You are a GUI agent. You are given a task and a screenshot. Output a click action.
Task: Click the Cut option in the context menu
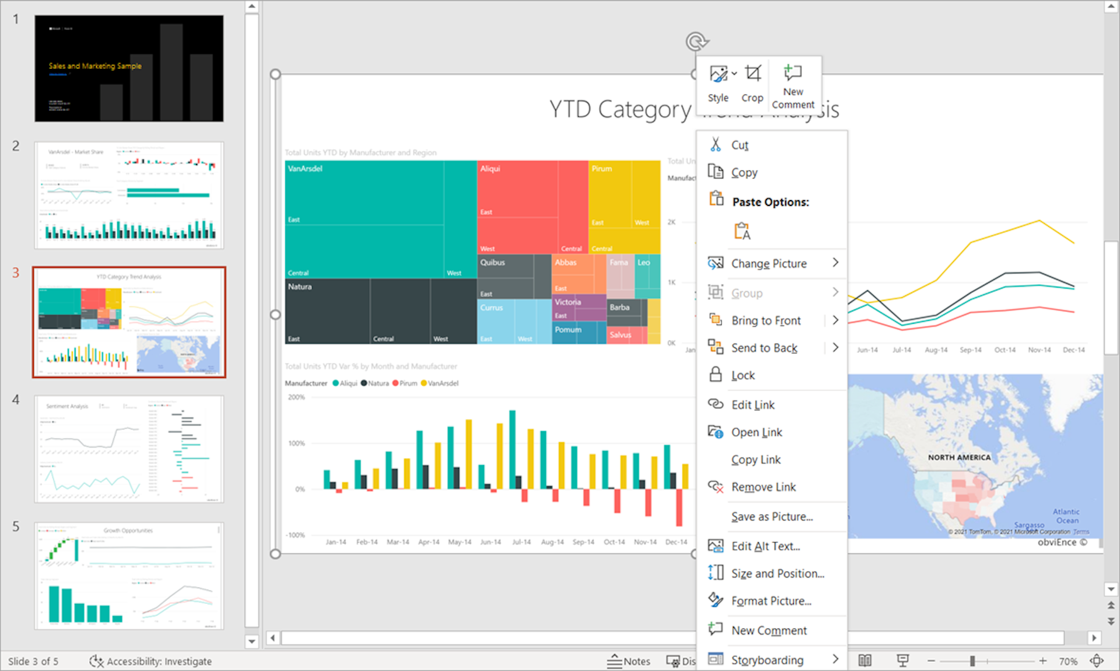coord(739,145)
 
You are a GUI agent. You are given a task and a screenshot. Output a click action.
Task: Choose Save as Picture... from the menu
coord(771,516)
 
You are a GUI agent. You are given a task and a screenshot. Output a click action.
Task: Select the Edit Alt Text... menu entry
coord(765,546)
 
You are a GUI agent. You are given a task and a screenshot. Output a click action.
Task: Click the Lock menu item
coord(743,375)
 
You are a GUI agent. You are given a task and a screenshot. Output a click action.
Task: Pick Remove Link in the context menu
coord(763,487)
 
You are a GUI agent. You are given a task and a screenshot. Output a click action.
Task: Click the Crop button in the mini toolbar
coord(752,83)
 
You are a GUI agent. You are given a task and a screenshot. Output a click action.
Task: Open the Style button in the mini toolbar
coord(718,83)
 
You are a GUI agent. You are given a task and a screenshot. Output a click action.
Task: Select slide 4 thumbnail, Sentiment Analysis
coord(129,449)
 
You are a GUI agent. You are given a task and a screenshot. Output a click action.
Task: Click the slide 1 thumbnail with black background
coord(129,68)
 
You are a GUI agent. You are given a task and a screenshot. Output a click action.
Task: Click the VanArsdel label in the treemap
coord(305,169)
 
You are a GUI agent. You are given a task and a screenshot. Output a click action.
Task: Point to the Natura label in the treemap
coord(300,286)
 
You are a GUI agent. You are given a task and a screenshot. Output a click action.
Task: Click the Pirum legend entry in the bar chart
coord(407,383)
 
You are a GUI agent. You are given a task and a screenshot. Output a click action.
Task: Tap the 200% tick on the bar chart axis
coord(296,397)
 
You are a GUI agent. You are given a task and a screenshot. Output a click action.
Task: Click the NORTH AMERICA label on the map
coord(959,457)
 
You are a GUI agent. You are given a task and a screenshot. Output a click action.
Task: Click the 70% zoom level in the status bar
coord(1068,661)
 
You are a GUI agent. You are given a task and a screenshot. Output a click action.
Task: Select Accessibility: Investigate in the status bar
coord(151,661)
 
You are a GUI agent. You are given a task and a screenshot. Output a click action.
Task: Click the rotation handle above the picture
coord(695,41)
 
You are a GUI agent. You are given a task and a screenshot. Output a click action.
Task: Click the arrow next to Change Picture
coord(835,263)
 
